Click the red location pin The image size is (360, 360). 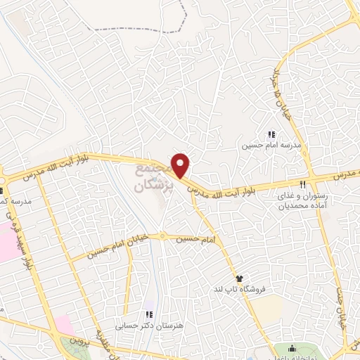coord(181,165)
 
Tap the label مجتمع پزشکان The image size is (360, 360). coord(147,177)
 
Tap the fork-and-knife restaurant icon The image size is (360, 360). coord(303,184)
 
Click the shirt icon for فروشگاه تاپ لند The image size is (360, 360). coord(239,278)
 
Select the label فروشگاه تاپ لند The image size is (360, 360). coord(238,290)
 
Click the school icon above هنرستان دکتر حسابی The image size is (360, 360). coord(148,314)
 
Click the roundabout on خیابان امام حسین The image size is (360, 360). coord(162,236)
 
